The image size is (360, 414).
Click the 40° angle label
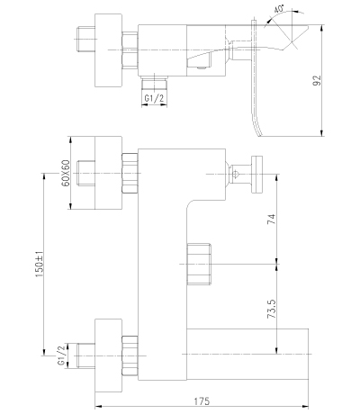279,9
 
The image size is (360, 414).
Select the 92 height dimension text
317,80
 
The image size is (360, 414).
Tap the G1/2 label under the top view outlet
154,98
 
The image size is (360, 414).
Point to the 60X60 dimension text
66,173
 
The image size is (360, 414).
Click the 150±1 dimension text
40,264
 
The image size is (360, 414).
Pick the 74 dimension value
271,220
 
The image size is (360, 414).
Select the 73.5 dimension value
271,309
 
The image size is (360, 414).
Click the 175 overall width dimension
202,401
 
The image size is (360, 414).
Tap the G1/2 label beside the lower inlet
61,355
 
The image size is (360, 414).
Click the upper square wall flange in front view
109,173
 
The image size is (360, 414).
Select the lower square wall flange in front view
109,355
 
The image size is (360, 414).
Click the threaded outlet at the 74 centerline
199,264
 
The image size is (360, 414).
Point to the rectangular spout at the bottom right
247,355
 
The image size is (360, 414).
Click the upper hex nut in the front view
130,173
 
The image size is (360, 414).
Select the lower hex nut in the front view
130,355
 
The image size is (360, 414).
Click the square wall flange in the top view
109,50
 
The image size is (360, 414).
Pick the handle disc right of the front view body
257,174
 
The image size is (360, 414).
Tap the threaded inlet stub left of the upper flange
85,173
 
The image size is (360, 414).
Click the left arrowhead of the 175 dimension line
98,407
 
